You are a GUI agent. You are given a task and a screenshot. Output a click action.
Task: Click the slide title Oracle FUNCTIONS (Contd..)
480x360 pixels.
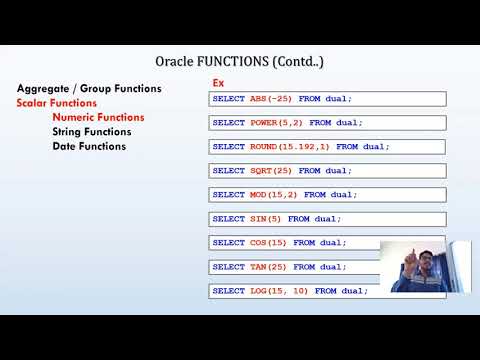tap(239, 63)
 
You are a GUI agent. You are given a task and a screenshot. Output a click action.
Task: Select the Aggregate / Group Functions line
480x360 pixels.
tap(89, 88)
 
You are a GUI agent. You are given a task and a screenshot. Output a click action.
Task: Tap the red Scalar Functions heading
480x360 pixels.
tap(57, 103)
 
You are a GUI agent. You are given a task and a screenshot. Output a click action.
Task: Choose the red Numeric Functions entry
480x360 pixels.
tap(98, 117)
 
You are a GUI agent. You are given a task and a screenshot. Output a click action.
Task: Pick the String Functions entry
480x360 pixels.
tap(92, 132)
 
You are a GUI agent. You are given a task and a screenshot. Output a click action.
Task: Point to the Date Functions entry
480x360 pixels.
tap(89, 146)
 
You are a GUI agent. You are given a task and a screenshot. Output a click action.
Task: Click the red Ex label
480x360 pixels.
tap(219, 83)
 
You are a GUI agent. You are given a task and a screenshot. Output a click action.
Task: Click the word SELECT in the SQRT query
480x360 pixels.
tap(229, 171)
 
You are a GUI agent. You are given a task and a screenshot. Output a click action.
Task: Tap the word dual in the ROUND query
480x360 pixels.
tap(374, 147)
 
